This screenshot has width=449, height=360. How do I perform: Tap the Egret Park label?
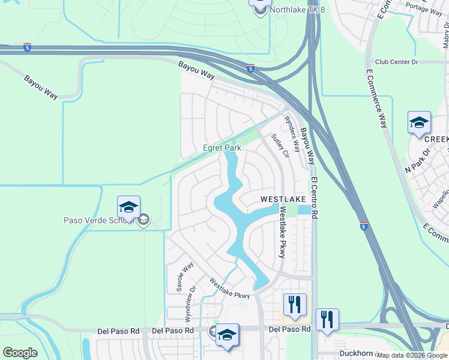coord(222,148)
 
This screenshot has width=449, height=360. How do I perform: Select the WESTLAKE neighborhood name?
coord(283,199)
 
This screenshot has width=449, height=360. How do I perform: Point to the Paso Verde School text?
coord(98,220)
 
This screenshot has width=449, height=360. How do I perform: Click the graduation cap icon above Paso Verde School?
coord(128,207)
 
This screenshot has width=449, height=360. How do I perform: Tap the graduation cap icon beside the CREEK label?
coord(418,124)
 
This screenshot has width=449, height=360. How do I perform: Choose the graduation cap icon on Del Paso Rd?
coord(228,335)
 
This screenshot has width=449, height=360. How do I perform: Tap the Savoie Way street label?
coord(184,277)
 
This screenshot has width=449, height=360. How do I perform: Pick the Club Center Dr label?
coord(396,62)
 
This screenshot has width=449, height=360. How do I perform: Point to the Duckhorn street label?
coord(357,353)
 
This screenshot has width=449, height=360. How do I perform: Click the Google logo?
coord(20,353)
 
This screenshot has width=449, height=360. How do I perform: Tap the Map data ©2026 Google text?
coord(412,355)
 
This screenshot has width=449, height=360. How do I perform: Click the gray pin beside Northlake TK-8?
coord(260,11)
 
